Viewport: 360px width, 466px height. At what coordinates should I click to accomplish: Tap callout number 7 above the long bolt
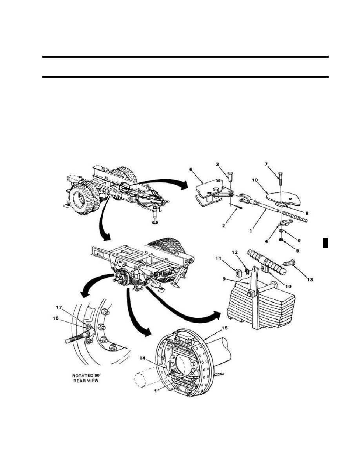click(266, 164)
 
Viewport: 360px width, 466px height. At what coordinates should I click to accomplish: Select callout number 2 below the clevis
click(224, 226)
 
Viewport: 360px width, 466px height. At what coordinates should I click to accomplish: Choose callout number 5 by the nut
click(297, 250)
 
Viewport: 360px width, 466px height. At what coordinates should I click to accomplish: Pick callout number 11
click(218, 258)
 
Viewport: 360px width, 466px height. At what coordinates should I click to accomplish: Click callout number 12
click(235, 252)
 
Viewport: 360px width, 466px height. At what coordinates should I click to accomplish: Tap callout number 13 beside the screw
click(310, 279)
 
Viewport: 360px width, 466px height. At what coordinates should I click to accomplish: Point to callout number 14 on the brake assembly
click(142, 359)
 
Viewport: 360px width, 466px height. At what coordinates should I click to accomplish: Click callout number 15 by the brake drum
click(225, 328)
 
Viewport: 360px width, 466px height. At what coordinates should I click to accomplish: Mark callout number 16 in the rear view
click(56, 318)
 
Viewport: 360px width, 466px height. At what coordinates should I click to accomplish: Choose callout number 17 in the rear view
click(60, 307)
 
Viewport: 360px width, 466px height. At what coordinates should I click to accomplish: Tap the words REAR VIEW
click(85, 381)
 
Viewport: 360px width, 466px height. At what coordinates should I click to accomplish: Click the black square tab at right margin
click(325, 242)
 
